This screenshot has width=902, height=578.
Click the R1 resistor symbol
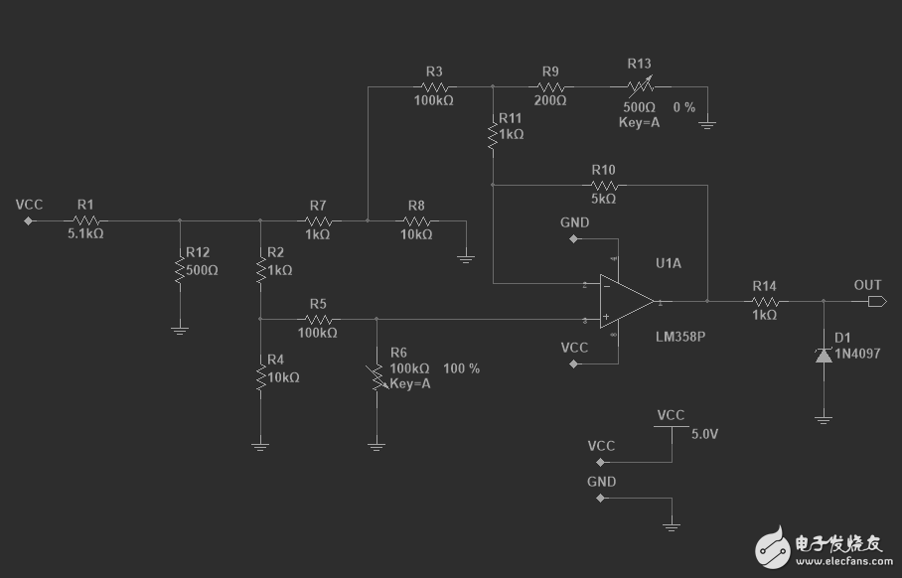tap(86, 220)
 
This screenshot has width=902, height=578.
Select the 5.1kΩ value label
tap(85, 233)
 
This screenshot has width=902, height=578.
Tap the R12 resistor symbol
tap(180, 270)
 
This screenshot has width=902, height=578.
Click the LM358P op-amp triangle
tap(627, 301)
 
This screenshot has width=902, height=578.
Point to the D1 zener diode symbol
tap(824, 356)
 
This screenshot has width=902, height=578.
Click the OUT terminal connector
tap(877, 301)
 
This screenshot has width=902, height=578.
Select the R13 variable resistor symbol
tap(641, 86)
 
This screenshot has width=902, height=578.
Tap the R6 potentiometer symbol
tap(377, 376)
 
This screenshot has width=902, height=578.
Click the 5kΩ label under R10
tap(603, 199)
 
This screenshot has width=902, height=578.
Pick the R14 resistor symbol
tap(765, 301)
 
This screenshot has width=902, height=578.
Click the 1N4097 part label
tap(857, 354)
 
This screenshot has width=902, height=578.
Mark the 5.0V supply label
tap(704, 434)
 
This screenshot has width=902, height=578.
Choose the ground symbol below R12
tap(180, 330)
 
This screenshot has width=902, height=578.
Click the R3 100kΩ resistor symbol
tap(435, 86)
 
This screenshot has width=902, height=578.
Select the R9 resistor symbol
tap(550, 86)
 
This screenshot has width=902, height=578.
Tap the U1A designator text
tap(669, 263)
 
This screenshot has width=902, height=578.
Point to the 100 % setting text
tap(461, 368)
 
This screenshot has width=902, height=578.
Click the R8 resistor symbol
tap(417, 220)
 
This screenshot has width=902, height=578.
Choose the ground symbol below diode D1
tap(824, 420)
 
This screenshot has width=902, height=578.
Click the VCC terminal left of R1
tap(28, 220)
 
